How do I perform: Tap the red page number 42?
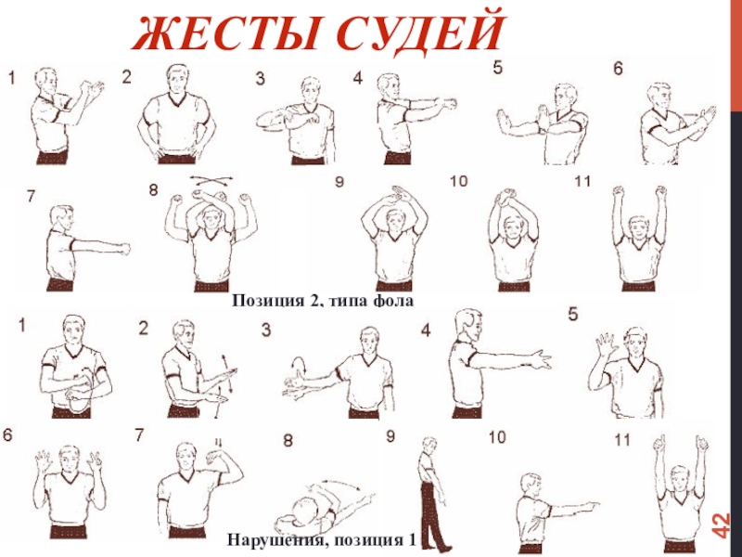point(722,525)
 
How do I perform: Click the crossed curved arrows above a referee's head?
point(211,180)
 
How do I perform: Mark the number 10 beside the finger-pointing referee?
point(497,437)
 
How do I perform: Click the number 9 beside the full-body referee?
point(390,435)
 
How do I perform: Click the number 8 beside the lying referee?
point(288,440)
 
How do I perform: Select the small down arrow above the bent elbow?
point(218,443)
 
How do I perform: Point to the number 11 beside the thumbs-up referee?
point(621,440)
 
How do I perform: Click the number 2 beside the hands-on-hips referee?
point(126,77)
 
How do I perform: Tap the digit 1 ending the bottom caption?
point(412,540)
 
